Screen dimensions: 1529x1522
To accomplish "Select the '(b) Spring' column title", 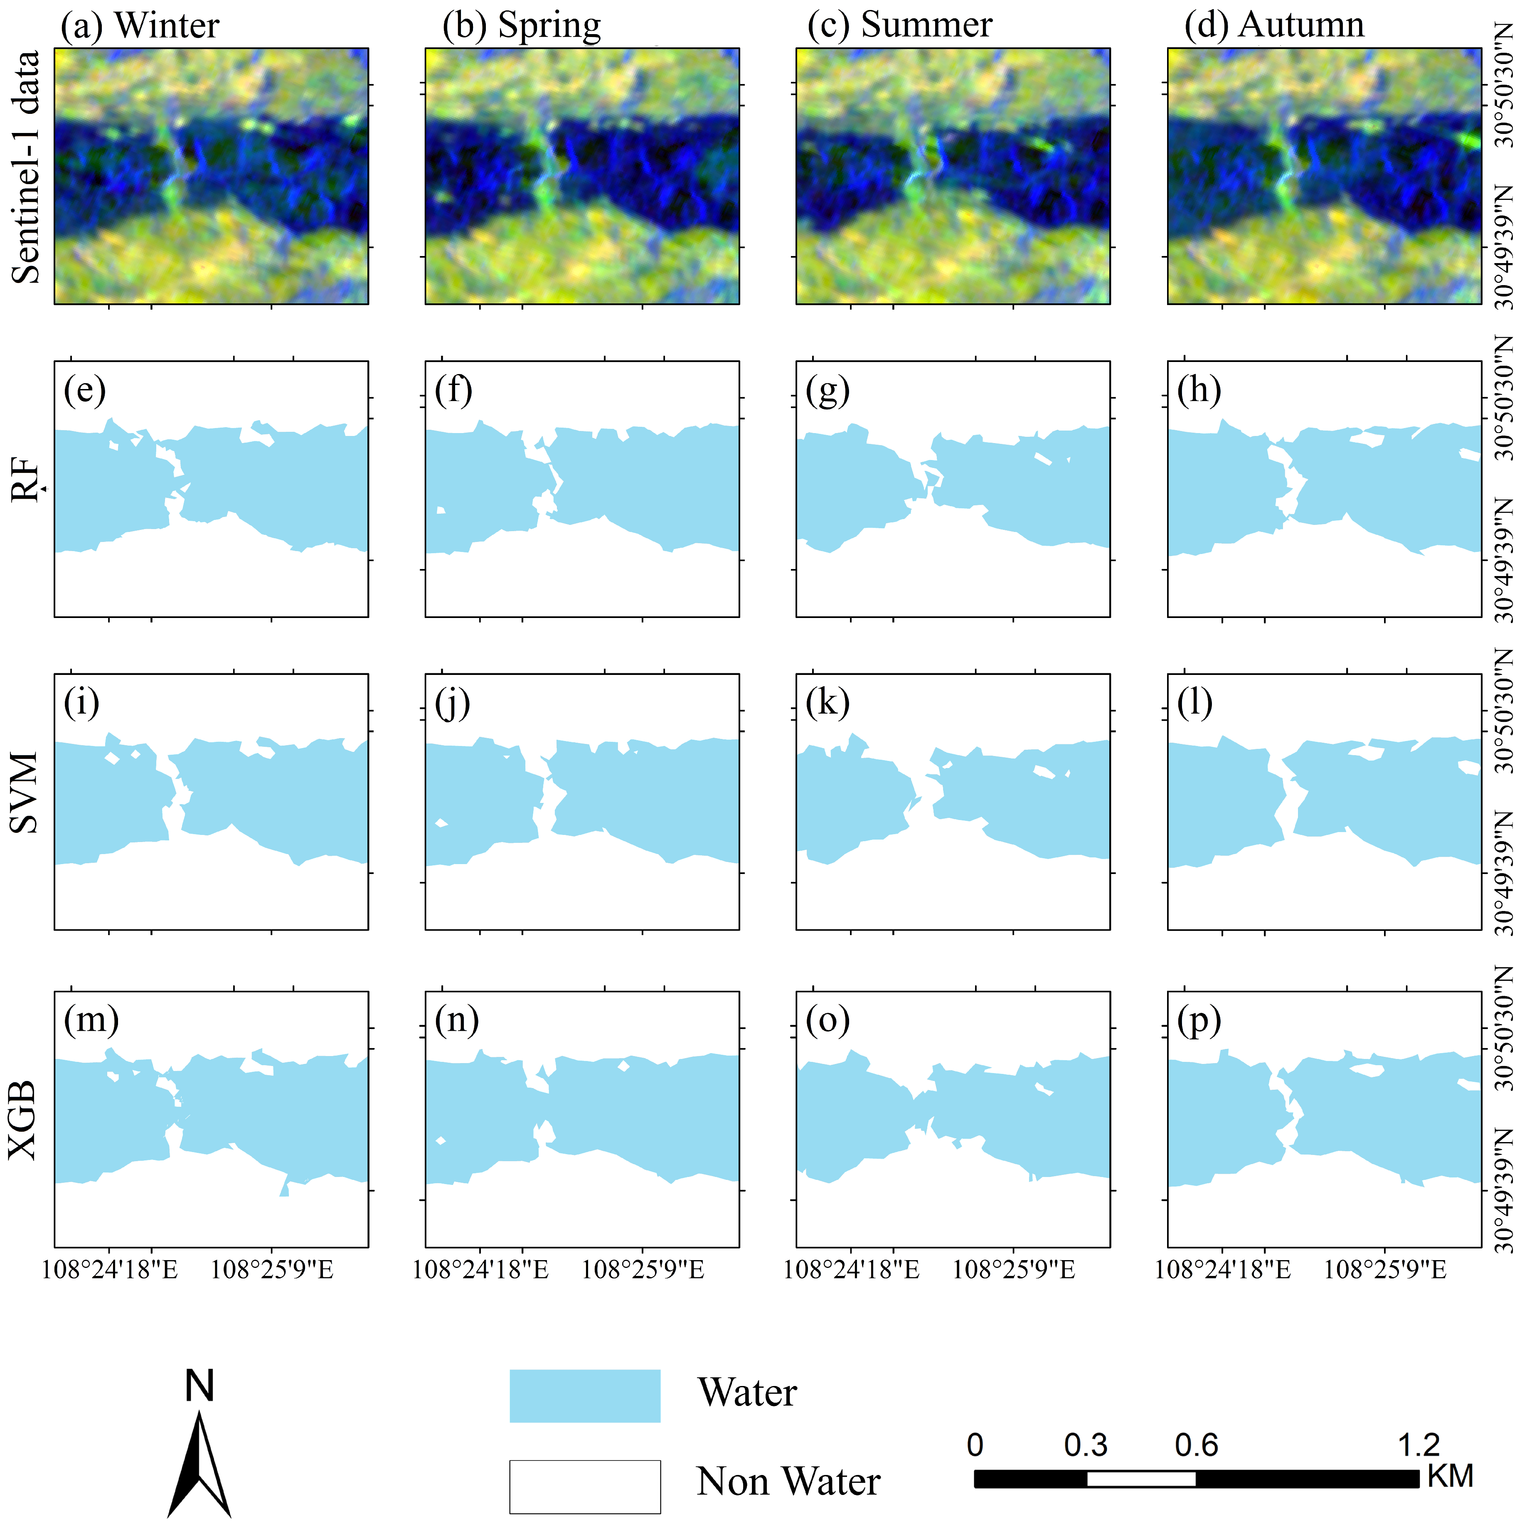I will coord(522,25).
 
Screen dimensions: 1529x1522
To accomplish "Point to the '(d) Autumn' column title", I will coord(1274,25).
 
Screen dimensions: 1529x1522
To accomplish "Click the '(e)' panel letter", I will coord(84,390).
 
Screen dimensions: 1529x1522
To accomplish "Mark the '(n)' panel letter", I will coord(457,1021).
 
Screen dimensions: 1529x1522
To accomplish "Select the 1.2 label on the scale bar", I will coord(1419,1445).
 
